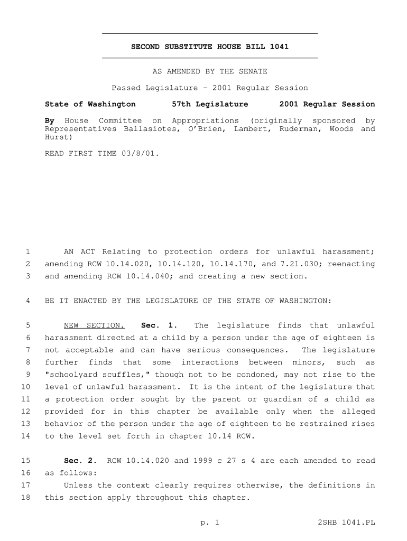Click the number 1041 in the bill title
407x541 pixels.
(279, 47)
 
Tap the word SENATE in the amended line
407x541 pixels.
(253, 71)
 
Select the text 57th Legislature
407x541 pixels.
(210, 104)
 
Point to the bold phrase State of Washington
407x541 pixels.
(90, 104)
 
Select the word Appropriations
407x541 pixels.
(205, 121)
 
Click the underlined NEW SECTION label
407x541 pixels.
(94, 325)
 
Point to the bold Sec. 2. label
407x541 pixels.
(81, 461)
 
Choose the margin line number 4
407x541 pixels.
(27, 301)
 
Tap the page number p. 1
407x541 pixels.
(209, 523)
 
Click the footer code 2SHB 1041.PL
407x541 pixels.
(347, 523)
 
